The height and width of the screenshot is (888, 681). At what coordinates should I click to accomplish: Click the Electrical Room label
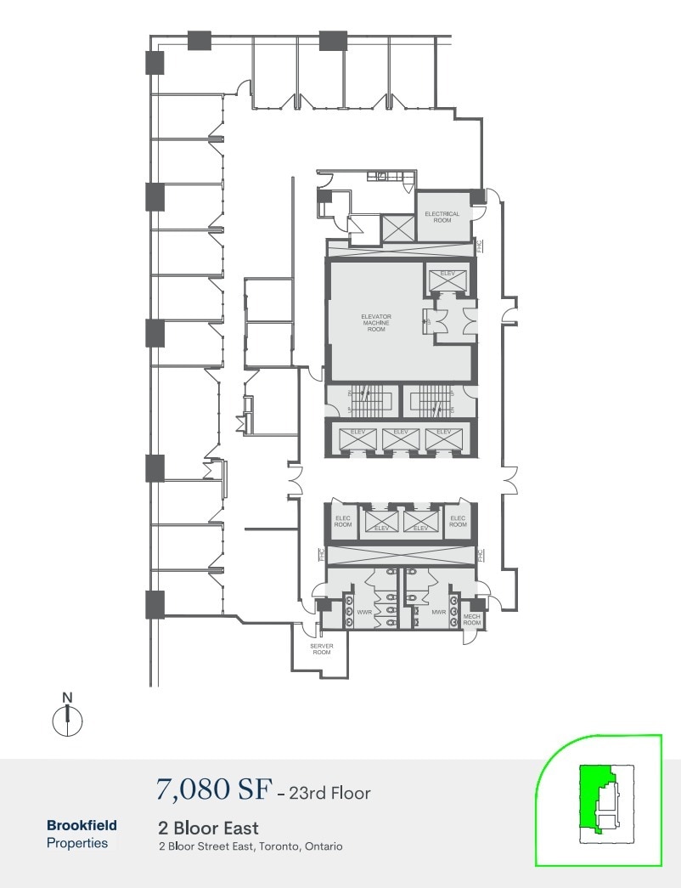pyautogui.click(x=442, y=217)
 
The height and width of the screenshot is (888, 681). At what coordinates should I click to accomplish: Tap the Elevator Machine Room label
pyautogui.click(x=376, y=323)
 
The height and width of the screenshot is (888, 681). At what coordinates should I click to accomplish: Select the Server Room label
pyautogui.click(x=321, y=648)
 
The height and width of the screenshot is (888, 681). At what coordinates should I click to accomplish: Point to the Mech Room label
pyautogui.click(x=471, y=619)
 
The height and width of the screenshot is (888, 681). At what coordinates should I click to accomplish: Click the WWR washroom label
pyautogui.click(x=365, y=611)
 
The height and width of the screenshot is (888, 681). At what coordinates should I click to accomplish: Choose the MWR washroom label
pyautogui.click(x=439, y=611)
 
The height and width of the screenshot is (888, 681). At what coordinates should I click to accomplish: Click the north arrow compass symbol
pyautogui.click(x=67, y=721)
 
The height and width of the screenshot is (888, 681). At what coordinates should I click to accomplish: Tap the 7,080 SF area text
pyautogui.click(x=211, y=790)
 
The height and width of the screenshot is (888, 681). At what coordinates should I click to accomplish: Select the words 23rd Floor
pyautogui.click(x=329, y=793)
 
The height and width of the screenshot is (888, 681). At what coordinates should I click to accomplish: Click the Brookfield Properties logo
pyautogui.click(x=82, y=834)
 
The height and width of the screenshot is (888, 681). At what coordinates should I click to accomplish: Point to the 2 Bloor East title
pyautogui.click(x=208, y=827)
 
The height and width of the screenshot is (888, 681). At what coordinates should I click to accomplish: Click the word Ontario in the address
pyautogui.click(x=323, y=846)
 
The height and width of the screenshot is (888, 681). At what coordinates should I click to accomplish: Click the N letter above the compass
pyautogui.click(x=68, y=699)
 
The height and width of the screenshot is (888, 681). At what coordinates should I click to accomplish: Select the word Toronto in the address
pyautogui.click(x=275, y=846)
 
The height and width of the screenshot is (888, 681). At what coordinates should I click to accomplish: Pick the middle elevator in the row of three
pyautogui.click(x=400, y=437)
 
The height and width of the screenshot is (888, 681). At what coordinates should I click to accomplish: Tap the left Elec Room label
pyautogui.click(x=343, y=521)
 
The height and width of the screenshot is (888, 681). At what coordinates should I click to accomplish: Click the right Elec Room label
pyautogui.click(x=458, y=521)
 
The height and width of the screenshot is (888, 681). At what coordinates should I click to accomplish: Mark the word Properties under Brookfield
pyautogui.click(x=77, y=843)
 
